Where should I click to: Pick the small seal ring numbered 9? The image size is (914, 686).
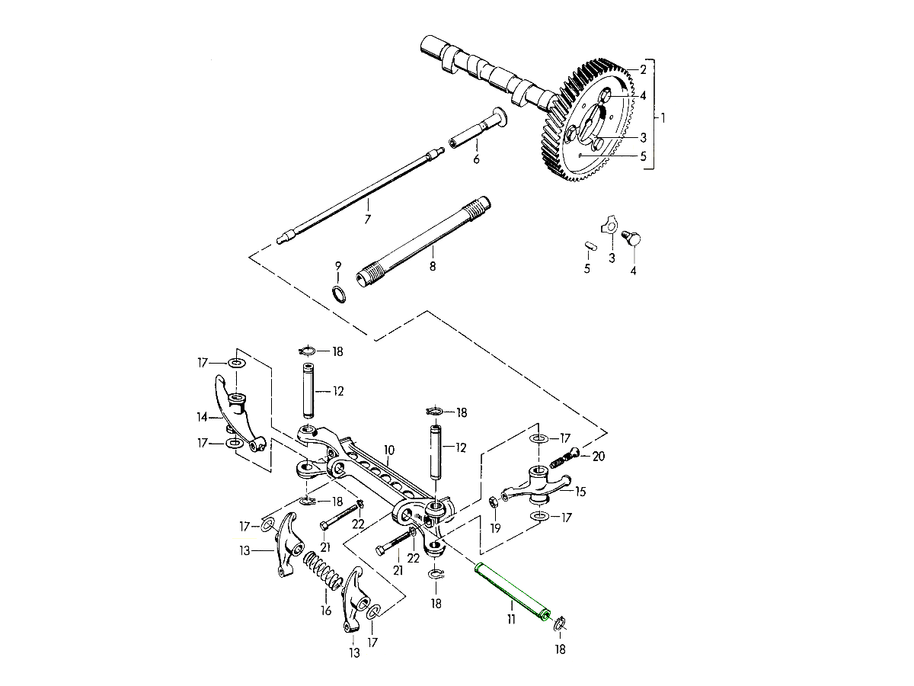(x=339, y=294)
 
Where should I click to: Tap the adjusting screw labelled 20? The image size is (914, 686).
(x=567, y=458)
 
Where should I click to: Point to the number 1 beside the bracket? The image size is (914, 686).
(x=663, y=118)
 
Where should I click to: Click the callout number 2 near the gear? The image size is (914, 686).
(x=643, y=70)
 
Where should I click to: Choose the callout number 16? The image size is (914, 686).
(x=326, y=611)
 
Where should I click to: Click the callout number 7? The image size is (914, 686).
(x=368, y=219)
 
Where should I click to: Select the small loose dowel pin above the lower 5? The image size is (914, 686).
(x=589, y=245)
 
